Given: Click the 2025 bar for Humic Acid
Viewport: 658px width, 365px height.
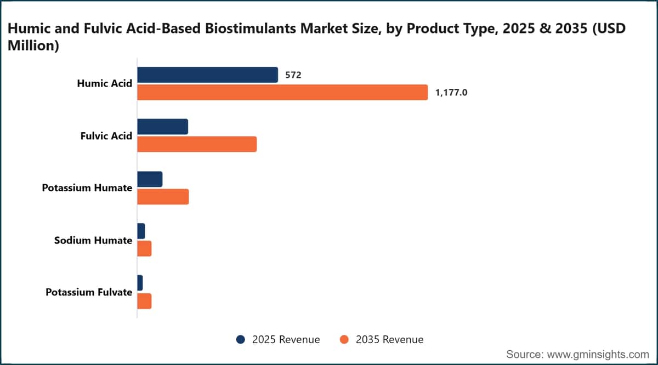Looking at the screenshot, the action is point(207,75).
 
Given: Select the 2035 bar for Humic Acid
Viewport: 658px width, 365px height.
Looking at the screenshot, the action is point(282,92).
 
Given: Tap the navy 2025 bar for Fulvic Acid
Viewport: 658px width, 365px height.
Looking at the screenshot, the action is point(162,127).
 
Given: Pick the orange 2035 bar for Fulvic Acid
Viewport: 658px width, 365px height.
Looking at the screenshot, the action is point(197,144).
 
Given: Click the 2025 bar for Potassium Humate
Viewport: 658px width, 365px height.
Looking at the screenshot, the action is point(150,179).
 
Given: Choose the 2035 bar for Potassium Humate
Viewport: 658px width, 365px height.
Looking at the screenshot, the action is point(163,197).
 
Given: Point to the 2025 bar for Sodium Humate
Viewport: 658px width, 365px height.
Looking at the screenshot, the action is point(141,231).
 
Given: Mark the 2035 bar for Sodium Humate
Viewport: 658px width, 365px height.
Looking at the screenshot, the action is point(144,249).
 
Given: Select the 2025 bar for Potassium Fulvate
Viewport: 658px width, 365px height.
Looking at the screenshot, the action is point(140,283).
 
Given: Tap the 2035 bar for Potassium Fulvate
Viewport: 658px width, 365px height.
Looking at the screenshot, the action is point(144,301).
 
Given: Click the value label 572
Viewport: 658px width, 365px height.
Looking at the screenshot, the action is point(293,75).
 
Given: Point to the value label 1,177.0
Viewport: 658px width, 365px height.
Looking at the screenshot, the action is point(451,93).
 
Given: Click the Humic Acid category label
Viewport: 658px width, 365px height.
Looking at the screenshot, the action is point(105,84).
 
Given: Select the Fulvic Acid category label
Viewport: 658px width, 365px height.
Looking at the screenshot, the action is point(106,136).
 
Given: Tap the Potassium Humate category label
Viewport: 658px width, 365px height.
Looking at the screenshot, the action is point(87,188).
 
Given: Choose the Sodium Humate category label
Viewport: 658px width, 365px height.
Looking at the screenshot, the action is point(93,241).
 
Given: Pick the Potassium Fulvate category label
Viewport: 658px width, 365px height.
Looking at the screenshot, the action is point(89,293).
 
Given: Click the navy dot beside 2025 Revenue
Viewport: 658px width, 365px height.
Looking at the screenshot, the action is point(241,339).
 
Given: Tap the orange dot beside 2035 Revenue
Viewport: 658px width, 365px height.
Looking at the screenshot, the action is point(344,339).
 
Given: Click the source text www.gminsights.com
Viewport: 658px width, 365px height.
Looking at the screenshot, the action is point(598,355).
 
